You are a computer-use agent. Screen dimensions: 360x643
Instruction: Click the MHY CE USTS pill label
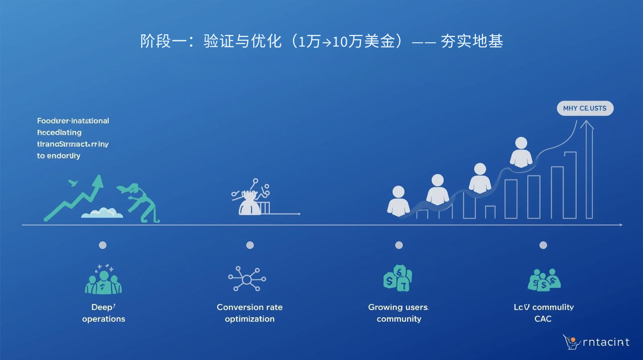click(x=585, y=108)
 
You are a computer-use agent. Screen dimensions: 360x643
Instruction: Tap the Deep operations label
click(x=104, y=313)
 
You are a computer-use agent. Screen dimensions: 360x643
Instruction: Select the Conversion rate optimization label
click(x=250, y=313)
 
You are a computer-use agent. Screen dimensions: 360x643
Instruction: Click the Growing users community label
click(x=399, y=313)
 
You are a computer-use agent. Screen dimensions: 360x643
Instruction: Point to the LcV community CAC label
click(x=543, y=313)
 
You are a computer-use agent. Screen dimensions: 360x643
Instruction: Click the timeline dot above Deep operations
click(x=103, y=245)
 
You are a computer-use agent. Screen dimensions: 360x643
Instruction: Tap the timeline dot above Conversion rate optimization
click(x=250, y=245)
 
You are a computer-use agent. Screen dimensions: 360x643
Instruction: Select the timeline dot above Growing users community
click(x=399, y=245)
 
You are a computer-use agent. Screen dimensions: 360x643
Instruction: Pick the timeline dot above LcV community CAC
click(x=543, y=245)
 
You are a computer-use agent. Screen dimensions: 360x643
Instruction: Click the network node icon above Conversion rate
click(x=247, y=279)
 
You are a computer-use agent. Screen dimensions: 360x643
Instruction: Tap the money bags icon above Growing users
click(x=398, y=278)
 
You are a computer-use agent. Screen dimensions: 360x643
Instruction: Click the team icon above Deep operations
click(x=103, y=280)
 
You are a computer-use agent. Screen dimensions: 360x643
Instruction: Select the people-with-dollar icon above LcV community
click(x=544, y=280)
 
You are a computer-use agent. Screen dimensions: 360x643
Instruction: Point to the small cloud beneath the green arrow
click(x=102, y=213)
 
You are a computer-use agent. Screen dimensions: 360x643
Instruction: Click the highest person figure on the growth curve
click(x=521, y=152)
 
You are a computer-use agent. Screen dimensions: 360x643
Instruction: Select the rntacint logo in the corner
click(x=596, y=342)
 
